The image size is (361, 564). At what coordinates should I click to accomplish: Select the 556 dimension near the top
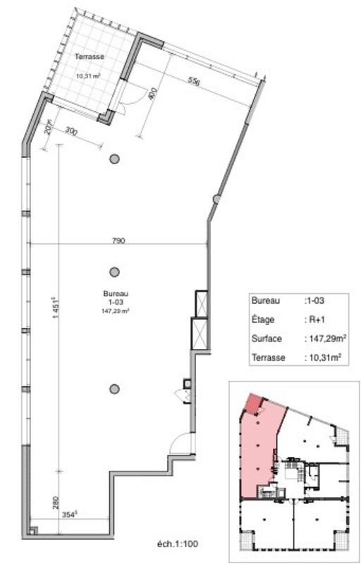coord(194,82)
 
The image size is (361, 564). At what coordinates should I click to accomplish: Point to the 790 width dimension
coord(118,240)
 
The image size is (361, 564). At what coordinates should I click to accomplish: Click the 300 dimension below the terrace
coord(71,132)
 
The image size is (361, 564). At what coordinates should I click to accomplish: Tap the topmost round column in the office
coord(114,159)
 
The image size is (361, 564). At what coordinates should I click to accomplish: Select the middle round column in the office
coord(114,271)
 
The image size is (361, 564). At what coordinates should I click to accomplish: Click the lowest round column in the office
coord(114,388)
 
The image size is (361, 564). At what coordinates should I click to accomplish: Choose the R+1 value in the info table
coord(315,319)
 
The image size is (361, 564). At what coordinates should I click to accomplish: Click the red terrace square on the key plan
coord(251,405)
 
